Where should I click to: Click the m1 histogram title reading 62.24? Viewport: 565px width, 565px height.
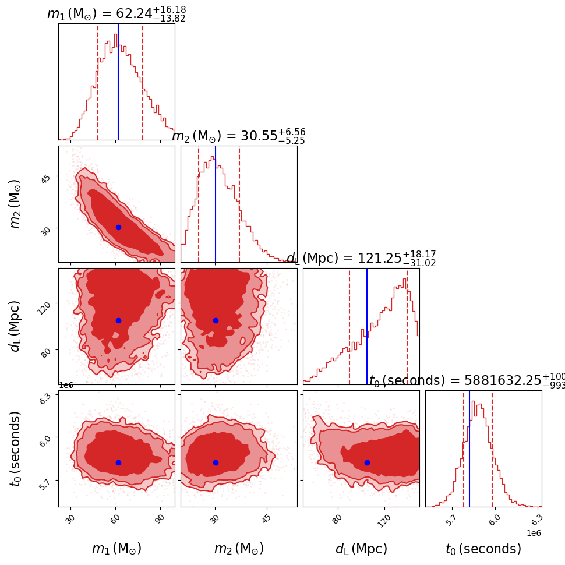click(116, 13)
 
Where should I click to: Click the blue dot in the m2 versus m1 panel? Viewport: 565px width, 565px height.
click(118, 227)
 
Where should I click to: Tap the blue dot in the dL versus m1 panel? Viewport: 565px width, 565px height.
click(118, 320)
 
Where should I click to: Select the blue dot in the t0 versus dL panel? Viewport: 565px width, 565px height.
click(367, 462)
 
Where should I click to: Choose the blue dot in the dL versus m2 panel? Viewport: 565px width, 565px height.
click(216, 320)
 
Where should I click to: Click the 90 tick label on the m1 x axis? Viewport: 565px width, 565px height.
click(160, 520)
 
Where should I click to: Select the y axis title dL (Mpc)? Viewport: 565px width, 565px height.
click(15, 326)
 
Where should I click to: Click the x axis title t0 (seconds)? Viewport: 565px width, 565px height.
click(483, 549)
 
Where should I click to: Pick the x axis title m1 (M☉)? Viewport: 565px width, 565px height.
click(116, 549)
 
